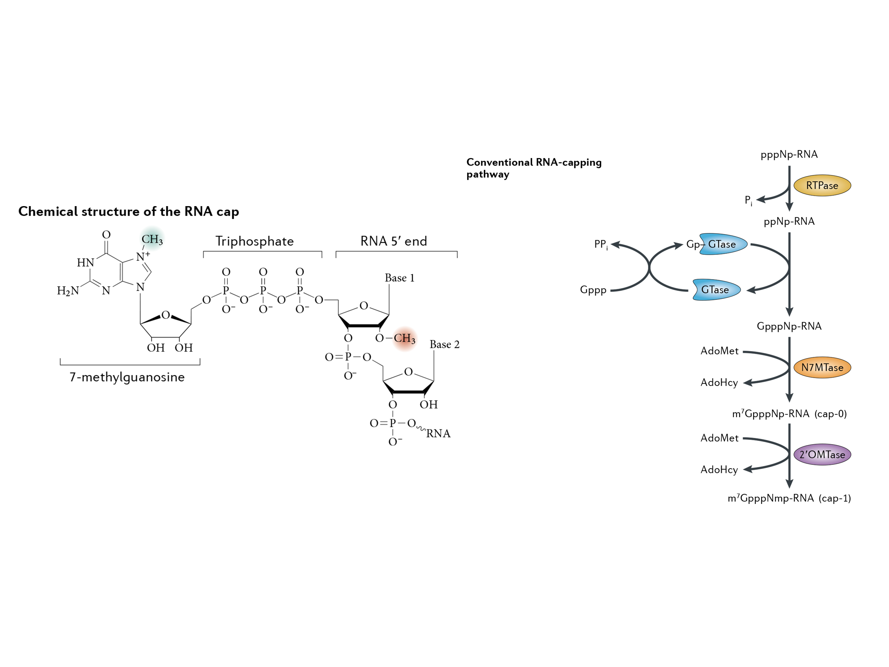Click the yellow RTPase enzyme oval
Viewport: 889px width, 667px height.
click(822, 185)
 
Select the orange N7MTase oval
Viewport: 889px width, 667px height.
click(822, 368)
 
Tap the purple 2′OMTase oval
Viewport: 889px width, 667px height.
click(822, 455)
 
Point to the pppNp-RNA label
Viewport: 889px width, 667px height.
click(789, 154)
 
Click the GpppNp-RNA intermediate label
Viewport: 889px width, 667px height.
click(789, 326)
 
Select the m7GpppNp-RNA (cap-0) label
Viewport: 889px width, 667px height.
click(789, 414)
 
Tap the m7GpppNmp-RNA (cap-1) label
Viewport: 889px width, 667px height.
click(789, 499)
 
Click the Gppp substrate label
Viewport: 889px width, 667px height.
click(593, 289)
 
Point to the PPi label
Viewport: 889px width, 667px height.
click(601, 244)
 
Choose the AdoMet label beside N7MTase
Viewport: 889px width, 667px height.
click(719, 351)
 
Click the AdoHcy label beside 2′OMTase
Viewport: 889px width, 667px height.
click(719, 470)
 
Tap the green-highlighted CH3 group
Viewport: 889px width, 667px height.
click(152, 240)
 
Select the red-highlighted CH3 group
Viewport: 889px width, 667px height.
click(404, 339)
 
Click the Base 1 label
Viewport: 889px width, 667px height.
click(399, 278)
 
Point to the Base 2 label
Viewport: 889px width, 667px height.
click(444, 345)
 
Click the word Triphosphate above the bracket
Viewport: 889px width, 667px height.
click(254, 241)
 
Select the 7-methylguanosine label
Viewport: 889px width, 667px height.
click(127, 377)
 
